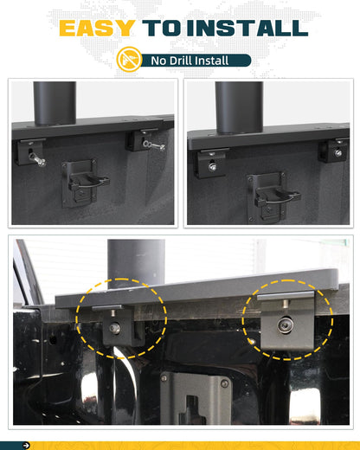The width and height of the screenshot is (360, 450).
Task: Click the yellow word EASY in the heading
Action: pos(97,28)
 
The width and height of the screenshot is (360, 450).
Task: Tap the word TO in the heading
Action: pos(165,28)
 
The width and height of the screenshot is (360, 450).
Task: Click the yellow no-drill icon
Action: pos(128,60)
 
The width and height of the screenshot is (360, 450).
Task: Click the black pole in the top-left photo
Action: pos(55,101)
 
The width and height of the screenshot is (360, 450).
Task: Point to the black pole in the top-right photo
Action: pos(238,106)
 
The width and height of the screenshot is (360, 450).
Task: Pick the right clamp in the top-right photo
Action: pos(334,150)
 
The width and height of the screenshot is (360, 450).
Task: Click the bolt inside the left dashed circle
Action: pos(113,327)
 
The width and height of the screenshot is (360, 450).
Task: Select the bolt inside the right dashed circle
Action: pos(285,324)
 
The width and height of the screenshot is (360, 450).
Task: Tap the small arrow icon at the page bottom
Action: pos(26,445)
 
